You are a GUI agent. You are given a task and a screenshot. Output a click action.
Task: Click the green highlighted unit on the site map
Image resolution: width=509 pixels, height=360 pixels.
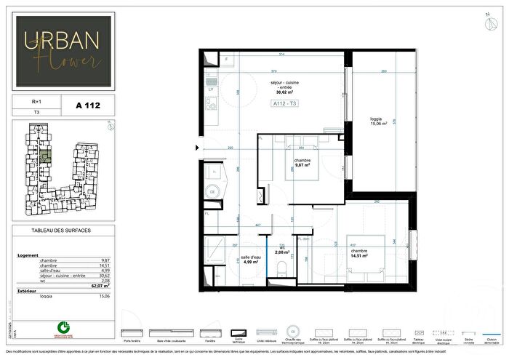tap(44, 155)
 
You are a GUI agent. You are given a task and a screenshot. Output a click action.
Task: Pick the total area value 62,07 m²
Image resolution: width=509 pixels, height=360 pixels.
tap(102, 286)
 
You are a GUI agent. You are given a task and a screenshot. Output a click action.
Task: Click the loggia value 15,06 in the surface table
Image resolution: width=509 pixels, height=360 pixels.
tap(104, 296)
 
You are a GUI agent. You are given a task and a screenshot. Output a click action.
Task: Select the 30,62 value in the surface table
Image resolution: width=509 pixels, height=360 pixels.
tap(104, 276)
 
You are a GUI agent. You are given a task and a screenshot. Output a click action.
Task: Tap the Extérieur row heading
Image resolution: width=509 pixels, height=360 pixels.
tap(28, 291)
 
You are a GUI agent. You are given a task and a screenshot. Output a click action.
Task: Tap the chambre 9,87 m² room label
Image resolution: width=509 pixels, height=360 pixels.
tap(302, 163)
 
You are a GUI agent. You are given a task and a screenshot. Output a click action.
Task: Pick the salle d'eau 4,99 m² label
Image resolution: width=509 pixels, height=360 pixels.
tap(250, 261)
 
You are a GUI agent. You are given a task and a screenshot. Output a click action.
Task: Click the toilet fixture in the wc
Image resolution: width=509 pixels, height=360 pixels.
tap(279, 271)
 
